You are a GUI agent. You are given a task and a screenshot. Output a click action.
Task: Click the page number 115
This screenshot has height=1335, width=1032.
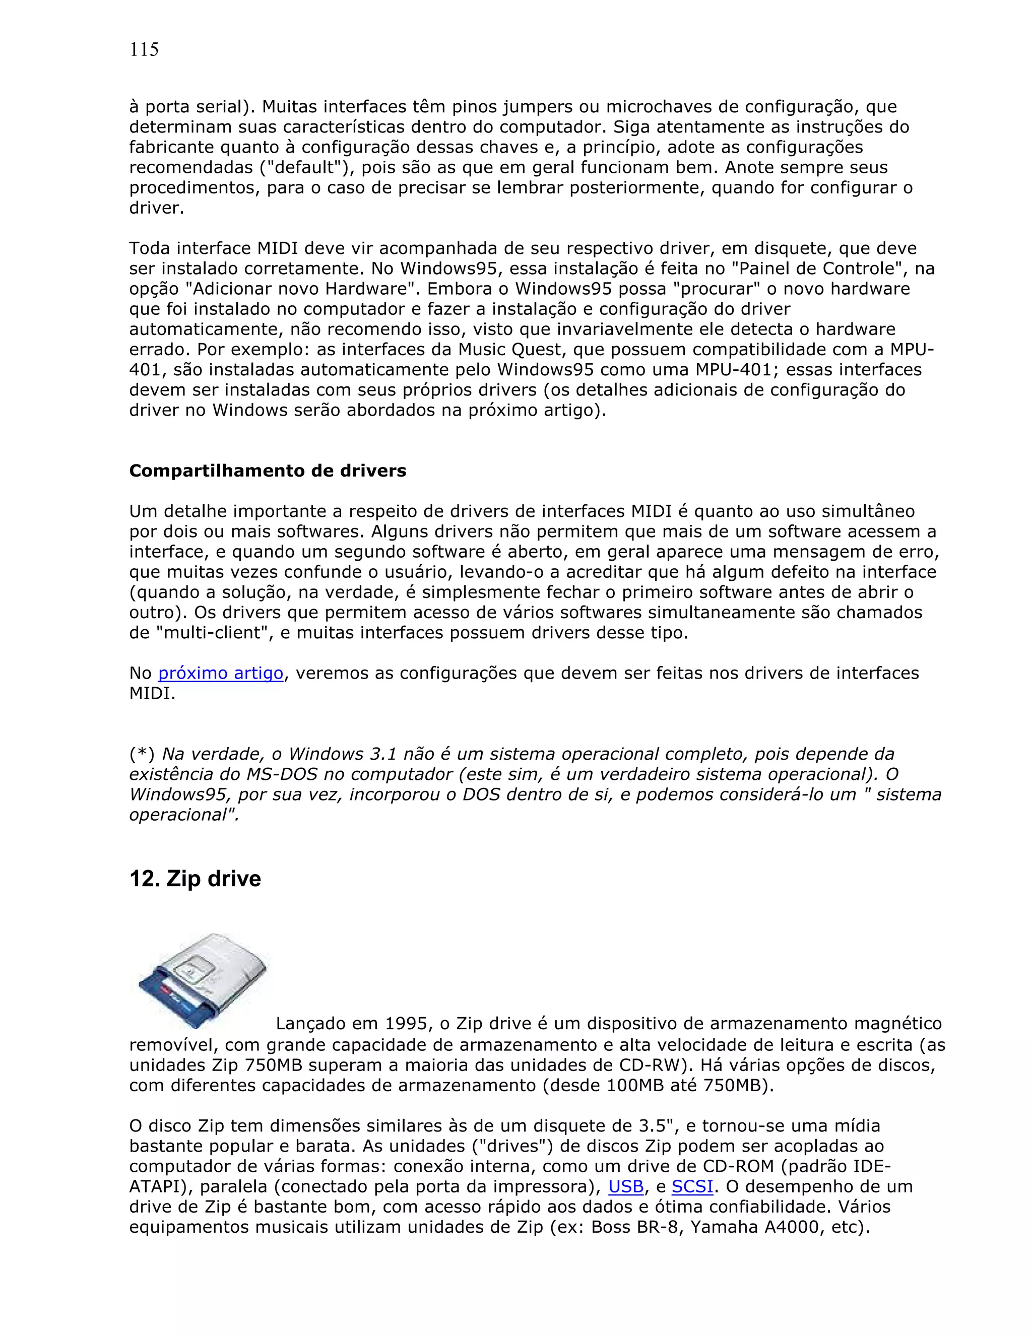click(x=144, y=49)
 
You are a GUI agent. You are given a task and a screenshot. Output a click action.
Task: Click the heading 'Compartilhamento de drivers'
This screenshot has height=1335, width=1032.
click(x=267, y=471)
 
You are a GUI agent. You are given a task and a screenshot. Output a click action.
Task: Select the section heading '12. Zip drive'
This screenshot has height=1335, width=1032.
click(x=195, y=879)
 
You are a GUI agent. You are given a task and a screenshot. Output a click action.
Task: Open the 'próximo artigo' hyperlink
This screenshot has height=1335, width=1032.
click(x=221, y=673)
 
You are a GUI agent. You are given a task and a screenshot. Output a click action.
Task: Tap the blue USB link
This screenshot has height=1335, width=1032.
click(x=626, y=1186)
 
